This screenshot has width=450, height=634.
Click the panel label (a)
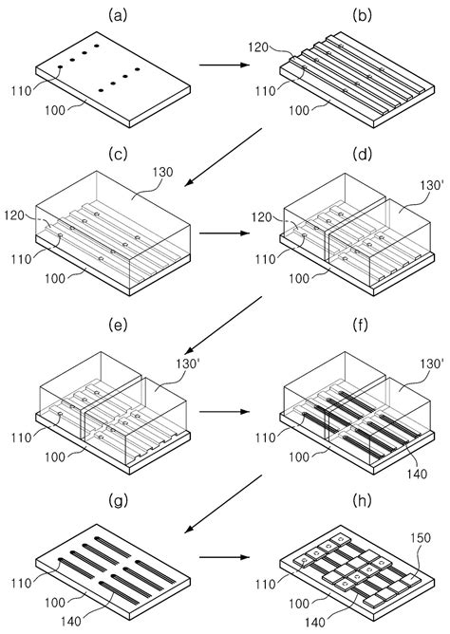(118, 15)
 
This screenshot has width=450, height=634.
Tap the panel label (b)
(362, 15)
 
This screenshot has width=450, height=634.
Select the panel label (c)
(118, 154)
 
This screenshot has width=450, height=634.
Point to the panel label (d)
(362, 154)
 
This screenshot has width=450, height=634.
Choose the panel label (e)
(118, 326)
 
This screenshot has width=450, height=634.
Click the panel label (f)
(362, 326)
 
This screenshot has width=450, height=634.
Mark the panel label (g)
(118, 500)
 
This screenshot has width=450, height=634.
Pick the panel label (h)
(362, 500)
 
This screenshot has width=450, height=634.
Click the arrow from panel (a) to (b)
(223, 65)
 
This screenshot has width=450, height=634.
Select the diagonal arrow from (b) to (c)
(223, 158)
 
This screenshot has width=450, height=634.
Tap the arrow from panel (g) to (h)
(223, 557)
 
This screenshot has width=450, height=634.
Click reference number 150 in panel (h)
(421, 538)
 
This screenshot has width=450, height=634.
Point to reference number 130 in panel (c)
(162, 172)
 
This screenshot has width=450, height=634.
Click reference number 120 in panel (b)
(258, 47)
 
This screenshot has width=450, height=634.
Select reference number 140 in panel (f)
(418, 474)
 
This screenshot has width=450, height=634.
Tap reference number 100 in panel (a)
(54, 110)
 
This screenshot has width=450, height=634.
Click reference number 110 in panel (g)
(22, 583)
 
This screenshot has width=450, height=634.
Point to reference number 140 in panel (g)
(71, 621)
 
